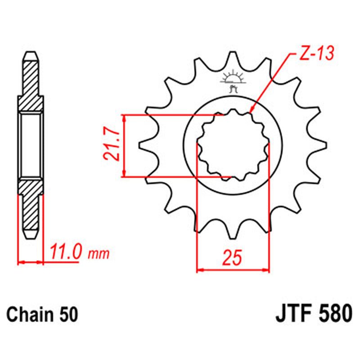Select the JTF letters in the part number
[x=293, y=312]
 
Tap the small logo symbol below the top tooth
[x=233, y=81]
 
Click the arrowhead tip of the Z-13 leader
[x=251, y=112]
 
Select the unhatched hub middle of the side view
[x=31, y=145]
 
